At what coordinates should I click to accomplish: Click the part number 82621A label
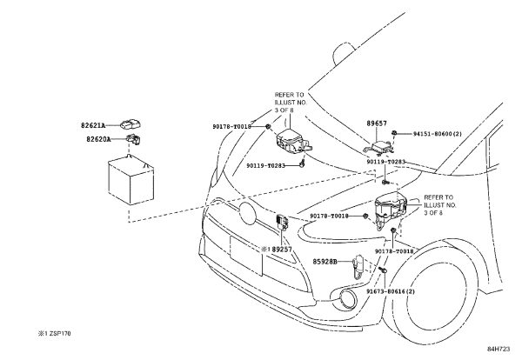point(93,125)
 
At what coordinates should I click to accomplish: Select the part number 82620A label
point(98,139)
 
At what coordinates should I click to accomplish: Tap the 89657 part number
point(377,123)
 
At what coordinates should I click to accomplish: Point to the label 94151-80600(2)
point(438,134)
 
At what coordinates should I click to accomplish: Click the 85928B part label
point(325,262)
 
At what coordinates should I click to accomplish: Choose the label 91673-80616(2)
point(391,291)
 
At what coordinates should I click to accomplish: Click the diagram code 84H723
point(499,349)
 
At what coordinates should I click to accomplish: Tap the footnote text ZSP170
point(60,333)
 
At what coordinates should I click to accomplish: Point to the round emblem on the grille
point(247,213)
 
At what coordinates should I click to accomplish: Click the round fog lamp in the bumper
point(344,297)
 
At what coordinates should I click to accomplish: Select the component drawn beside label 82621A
point(130,124)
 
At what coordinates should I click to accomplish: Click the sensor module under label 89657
point(379,147)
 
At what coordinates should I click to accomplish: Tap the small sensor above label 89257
point(282,222)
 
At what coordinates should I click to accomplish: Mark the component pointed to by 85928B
point(358,268)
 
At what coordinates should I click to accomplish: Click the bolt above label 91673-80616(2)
point(382,270)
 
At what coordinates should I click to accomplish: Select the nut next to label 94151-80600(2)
point(394,133)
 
